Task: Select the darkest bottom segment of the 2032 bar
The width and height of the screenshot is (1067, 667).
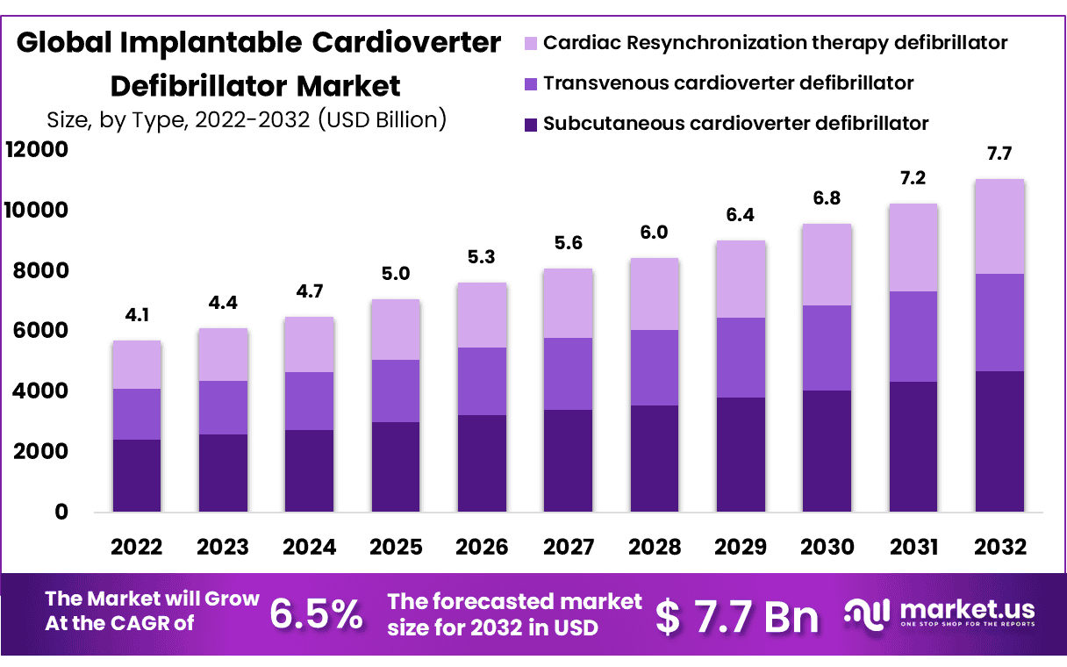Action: click(x=999, y=441)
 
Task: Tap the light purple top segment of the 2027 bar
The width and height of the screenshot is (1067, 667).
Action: click(x=568, y=303)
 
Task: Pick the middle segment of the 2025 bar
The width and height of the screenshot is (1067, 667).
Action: click(x=395, y=391)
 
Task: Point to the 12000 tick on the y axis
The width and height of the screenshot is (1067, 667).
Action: click(x=37, y=150)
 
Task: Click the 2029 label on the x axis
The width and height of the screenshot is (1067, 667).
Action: click(x=741, y=547)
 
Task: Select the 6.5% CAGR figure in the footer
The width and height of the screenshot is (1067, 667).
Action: click(x=316, y=614)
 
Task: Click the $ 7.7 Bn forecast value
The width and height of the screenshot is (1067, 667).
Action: click(x=737, y=616)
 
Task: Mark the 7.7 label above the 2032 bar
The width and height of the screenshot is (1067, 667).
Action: click(x=999, y=154)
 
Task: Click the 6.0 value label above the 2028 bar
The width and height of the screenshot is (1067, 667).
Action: click(x=654, y=233)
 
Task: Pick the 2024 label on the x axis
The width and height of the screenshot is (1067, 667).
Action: click(x=309, y=547)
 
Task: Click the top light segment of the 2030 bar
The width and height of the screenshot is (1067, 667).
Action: click(x=827, y=264)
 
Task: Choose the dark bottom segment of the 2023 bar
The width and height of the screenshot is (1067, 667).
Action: click(x=222, y=472)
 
